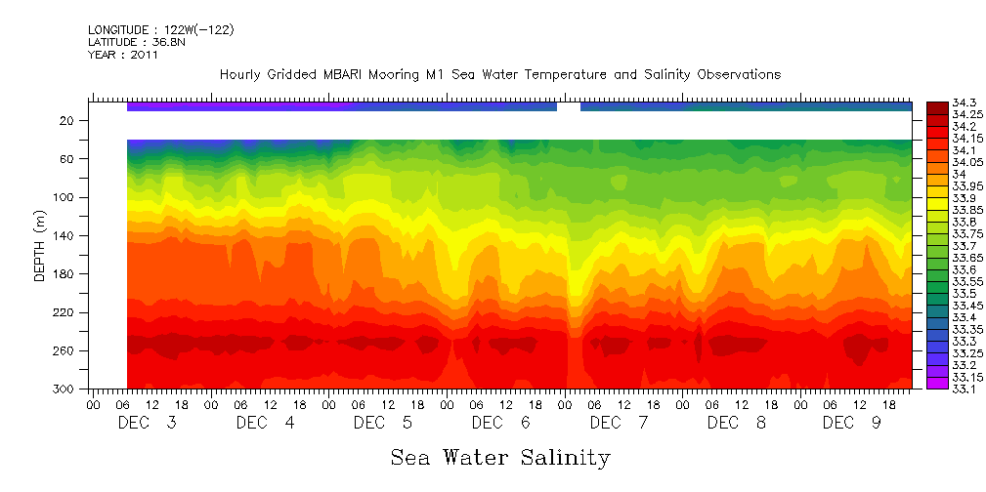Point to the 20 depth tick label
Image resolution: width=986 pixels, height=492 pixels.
[x=67, y=121]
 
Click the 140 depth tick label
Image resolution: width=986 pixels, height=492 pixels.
[x=64, y=236]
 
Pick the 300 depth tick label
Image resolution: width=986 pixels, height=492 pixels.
[x=64, y=389]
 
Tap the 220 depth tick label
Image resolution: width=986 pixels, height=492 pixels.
[x=64, y=312]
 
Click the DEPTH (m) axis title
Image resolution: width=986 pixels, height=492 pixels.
[x=40, y=245]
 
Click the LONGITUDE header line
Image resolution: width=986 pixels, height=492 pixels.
[x=160, y=30]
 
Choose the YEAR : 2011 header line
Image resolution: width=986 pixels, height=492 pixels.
[x=123, y=56]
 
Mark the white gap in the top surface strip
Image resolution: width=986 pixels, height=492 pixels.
[x=569, y=106]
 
